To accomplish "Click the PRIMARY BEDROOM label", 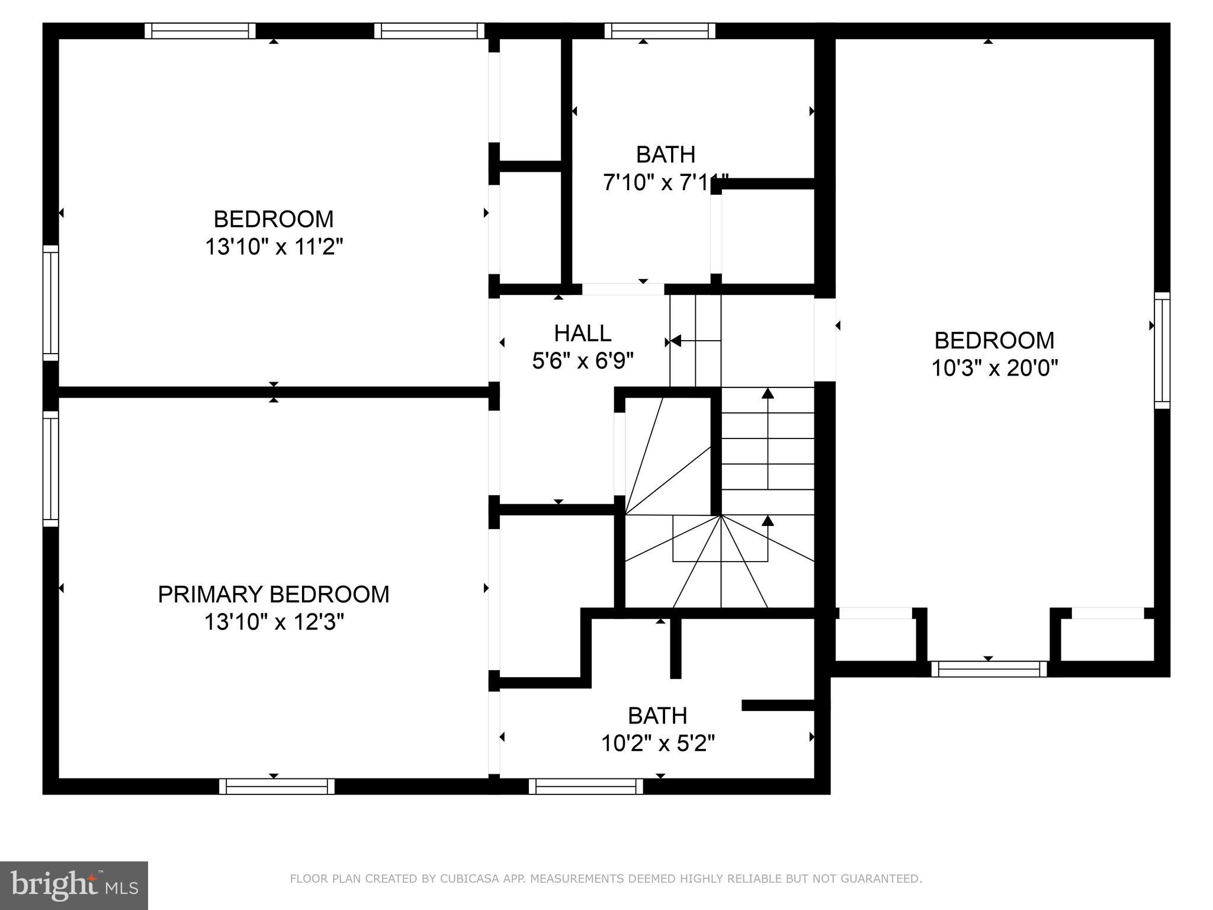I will (x=274, y=594).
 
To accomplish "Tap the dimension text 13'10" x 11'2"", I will (x=274, y=246).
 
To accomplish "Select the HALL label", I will (x=583, y=333).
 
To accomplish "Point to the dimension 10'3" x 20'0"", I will (x=994, y=368).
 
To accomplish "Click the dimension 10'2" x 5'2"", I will (x=658, y=743).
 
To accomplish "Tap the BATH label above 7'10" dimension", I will (x=665, y=155).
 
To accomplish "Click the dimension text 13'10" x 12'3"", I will (x=274, y=622).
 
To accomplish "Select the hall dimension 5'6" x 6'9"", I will (x=583, y=360).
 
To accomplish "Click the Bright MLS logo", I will (x=73, y=885).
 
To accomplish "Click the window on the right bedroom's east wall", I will (x=1162, y=350).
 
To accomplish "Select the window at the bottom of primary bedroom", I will (x=277, y=786).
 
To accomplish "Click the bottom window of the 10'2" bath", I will (x=586, y=786).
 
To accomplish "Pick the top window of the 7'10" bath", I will (x=659, y=31).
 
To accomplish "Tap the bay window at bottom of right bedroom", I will (x=989, y=669).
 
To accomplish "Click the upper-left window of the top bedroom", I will (x=200, y=31).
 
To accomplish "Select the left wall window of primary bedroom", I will (x=51, y=469).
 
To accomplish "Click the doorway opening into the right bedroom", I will (x=824, y=339).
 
